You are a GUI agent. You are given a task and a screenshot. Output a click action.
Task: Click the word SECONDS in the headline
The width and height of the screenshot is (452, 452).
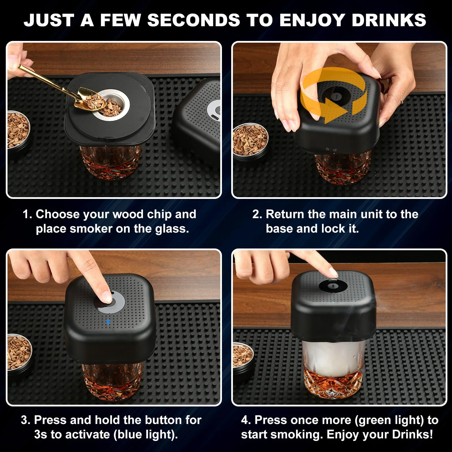[194, 20]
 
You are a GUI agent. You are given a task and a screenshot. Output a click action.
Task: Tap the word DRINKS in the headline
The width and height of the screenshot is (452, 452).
[389, 20]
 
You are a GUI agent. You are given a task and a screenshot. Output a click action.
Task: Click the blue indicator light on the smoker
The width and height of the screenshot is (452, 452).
[108, 322]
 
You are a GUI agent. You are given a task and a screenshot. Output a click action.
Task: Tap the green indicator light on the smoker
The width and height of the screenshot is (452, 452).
[333, 302]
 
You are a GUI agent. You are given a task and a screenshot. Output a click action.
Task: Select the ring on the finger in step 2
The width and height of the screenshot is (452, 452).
[402, 101]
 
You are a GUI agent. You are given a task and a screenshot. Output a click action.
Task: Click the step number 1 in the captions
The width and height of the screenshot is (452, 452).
[27, 214]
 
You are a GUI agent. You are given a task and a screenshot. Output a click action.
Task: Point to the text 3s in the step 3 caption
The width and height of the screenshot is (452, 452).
[41, 434]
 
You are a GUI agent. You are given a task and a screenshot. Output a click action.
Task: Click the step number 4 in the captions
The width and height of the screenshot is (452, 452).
[246, 420]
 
